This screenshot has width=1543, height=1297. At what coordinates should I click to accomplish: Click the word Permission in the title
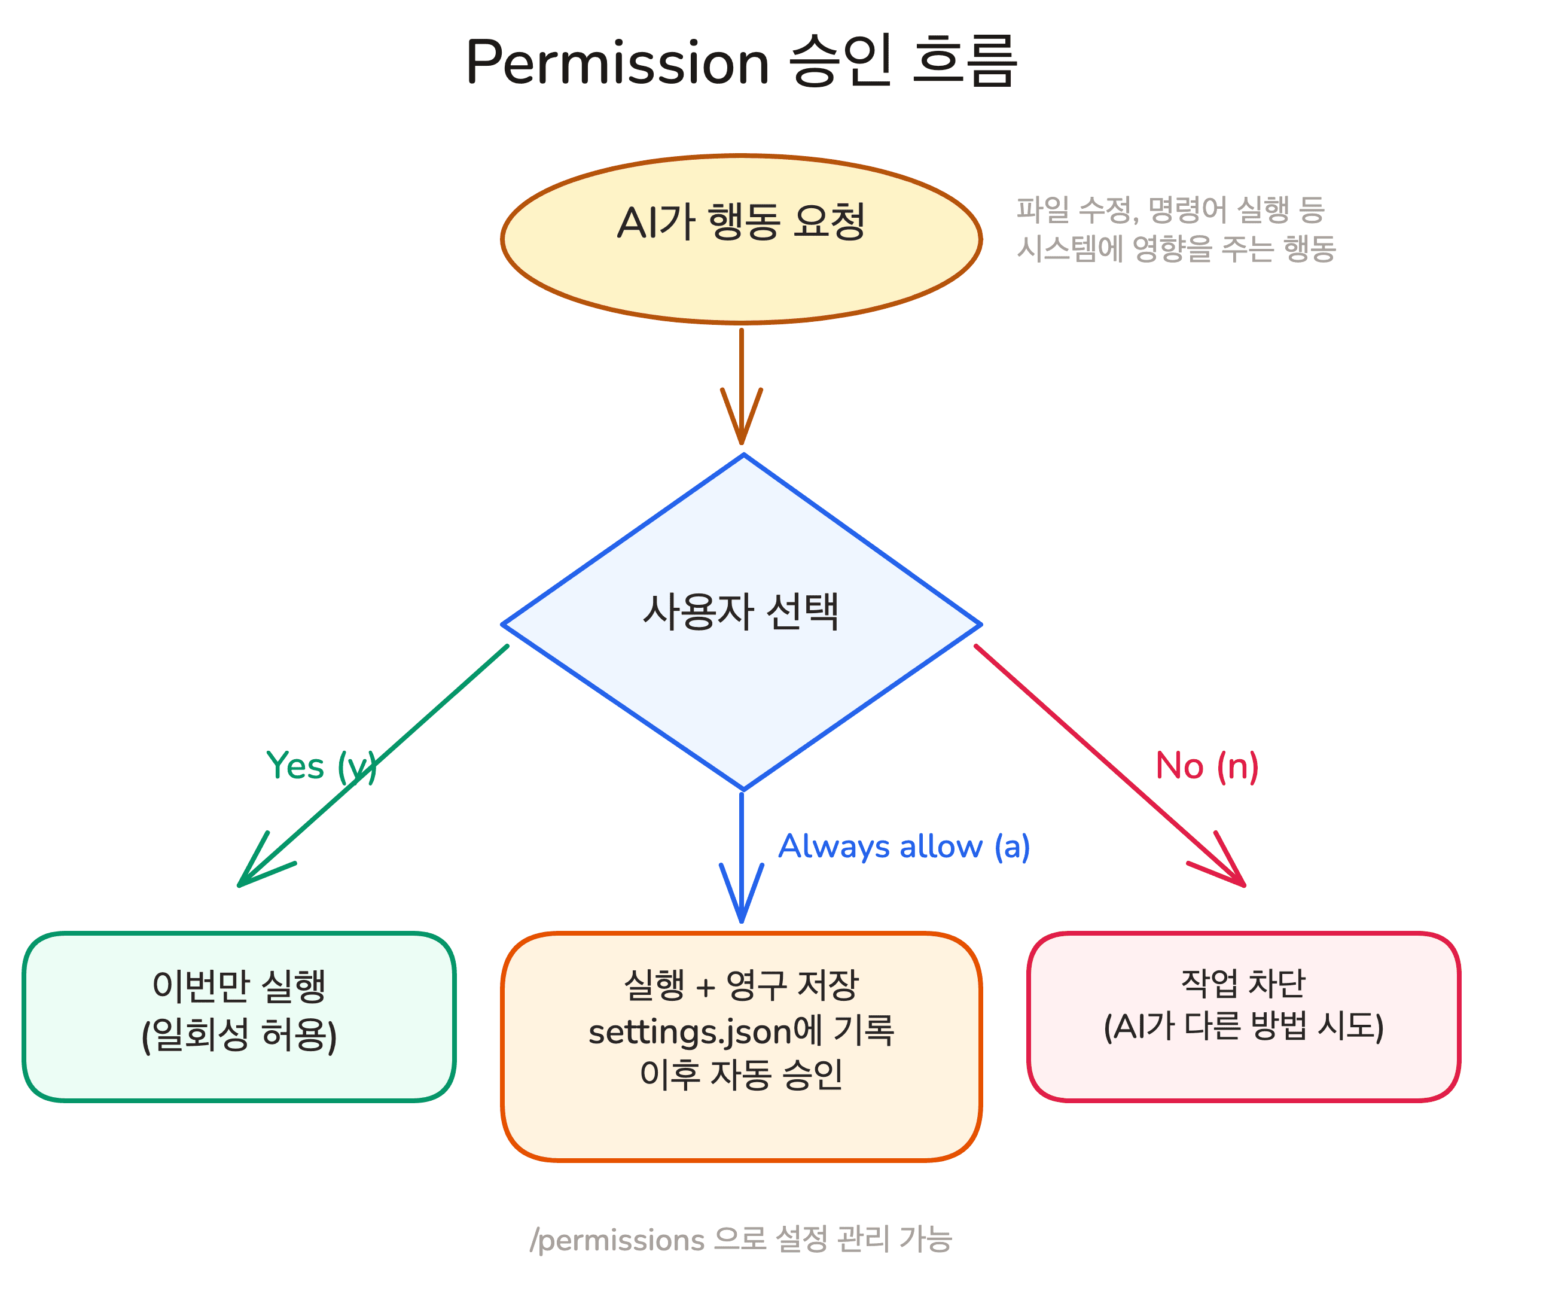click(x=617, y=62)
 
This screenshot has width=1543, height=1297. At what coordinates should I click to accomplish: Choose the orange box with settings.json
click(x=741, y=1118)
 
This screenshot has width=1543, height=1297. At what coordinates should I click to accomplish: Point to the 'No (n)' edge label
click(x=1206, y=766)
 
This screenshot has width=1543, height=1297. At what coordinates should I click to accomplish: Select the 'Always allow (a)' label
click(x=904, y=847)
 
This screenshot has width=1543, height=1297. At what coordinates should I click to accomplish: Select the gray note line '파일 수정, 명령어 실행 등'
click(x=1170, y=211)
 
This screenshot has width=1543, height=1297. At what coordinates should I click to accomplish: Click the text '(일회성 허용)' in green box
click(x=239, y=1035)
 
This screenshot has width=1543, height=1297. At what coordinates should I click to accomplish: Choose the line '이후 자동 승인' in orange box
click(x=741, y=1075)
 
